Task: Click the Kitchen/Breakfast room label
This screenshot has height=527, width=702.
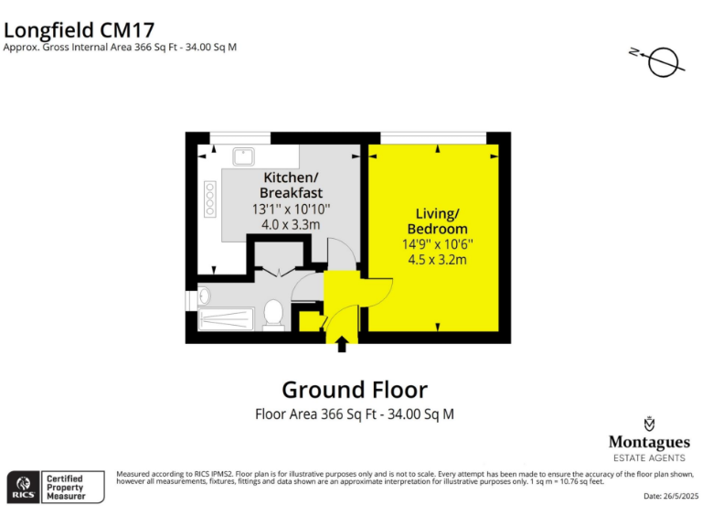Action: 291,185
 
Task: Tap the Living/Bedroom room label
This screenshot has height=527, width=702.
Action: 437,220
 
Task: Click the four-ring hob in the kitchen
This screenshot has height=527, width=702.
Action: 209,199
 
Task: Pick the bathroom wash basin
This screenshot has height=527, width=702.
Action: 203,296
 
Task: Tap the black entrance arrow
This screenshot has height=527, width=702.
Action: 342,345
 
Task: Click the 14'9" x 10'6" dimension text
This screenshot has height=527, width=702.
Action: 437,244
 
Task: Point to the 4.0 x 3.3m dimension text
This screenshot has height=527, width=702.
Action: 291,224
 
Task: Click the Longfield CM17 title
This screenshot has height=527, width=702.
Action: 79,27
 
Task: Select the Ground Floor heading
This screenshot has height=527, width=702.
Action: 354,389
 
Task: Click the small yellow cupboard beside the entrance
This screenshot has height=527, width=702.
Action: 310,321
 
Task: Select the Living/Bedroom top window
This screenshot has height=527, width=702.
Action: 432,137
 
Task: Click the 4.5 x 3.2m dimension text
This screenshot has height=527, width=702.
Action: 437,260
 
